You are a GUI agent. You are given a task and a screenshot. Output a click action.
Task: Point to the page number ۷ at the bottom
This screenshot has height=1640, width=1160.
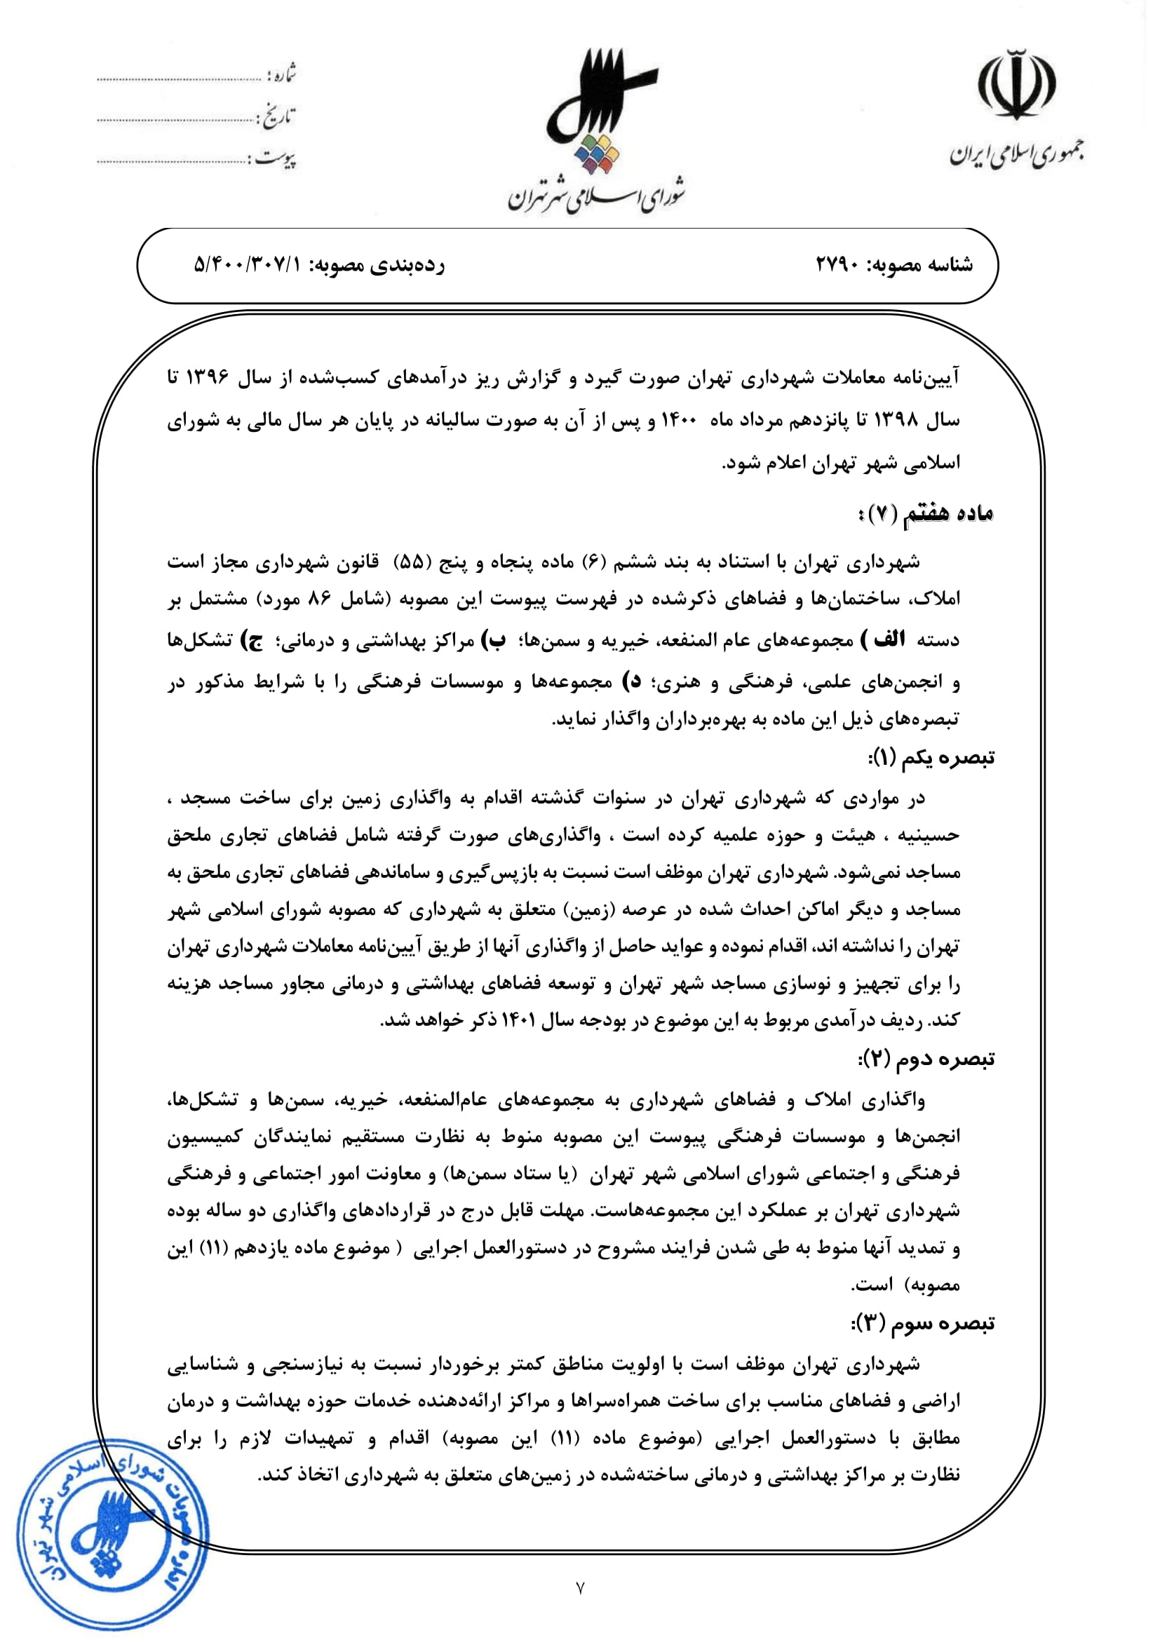580,1608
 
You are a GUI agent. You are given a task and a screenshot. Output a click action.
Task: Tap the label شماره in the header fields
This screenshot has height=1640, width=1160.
281,75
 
